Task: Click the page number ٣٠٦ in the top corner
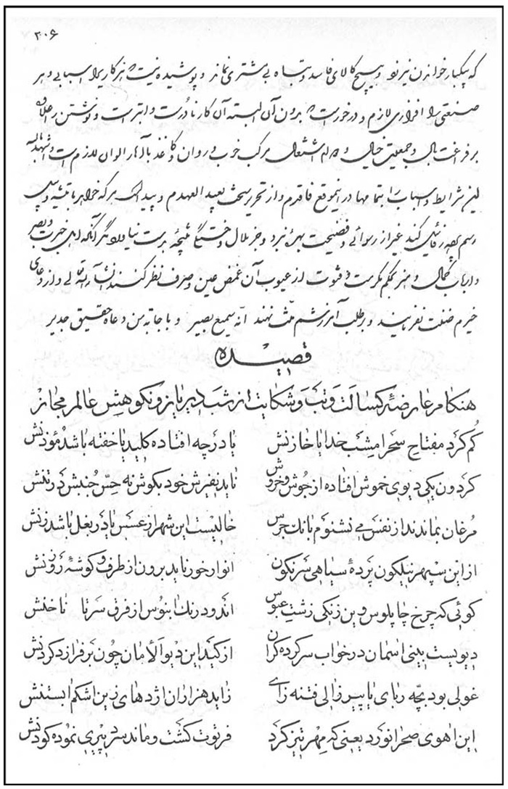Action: click(46, 33)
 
